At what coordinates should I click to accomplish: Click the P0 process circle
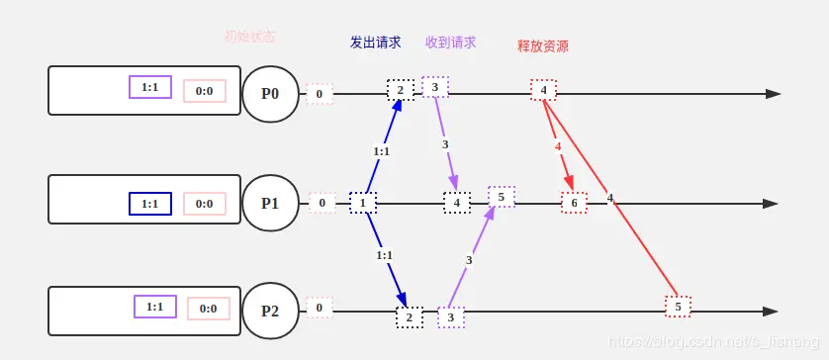[270, 94]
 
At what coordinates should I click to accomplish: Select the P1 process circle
[270, 203]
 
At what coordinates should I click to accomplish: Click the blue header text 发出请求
[375, 43]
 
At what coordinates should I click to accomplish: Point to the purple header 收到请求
[450, 43]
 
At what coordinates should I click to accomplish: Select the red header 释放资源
[542, 46]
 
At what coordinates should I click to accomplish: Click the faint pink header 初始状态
[249, 37]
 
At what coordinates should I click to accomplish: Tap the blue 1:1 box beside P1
[150, 204]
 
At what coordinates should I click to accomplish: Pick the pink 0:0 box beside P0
[205, 91]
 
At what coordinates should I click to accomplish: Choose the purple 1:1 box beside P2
[154, 307]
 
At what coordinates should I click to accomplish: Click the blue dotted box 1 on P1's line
[363, 203]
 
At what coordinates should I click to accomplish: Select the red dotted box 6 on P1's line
[574, 203]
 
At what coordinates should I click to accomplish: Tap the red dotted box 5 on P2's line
[678, 307]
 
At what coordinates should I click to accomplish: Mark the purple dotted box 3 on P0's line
[435, 87]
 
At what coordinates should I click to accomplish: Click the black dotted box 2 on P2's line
[409, 316]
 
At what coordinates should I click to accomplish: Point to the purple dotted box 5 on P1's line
[502, 197]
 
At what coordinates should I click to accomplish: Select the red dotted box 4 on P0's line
[543, 90]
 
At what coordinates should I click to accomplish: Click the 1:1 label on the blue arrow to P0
[381, 151]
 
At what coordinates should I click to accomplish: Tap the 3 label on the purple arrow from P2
[469, 260]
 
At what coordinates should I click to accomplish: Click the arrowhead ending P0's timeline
[774, 94]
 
